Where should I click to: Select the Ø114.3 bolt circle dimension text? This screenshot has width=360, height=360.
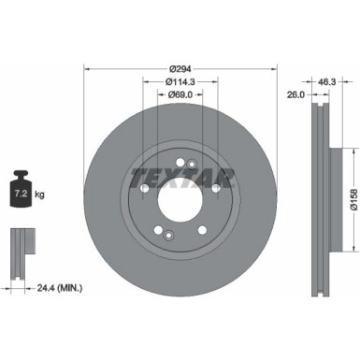pos(181,81)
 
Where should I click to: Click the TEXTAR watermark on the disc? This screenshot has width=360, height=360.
pos(181,175)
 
